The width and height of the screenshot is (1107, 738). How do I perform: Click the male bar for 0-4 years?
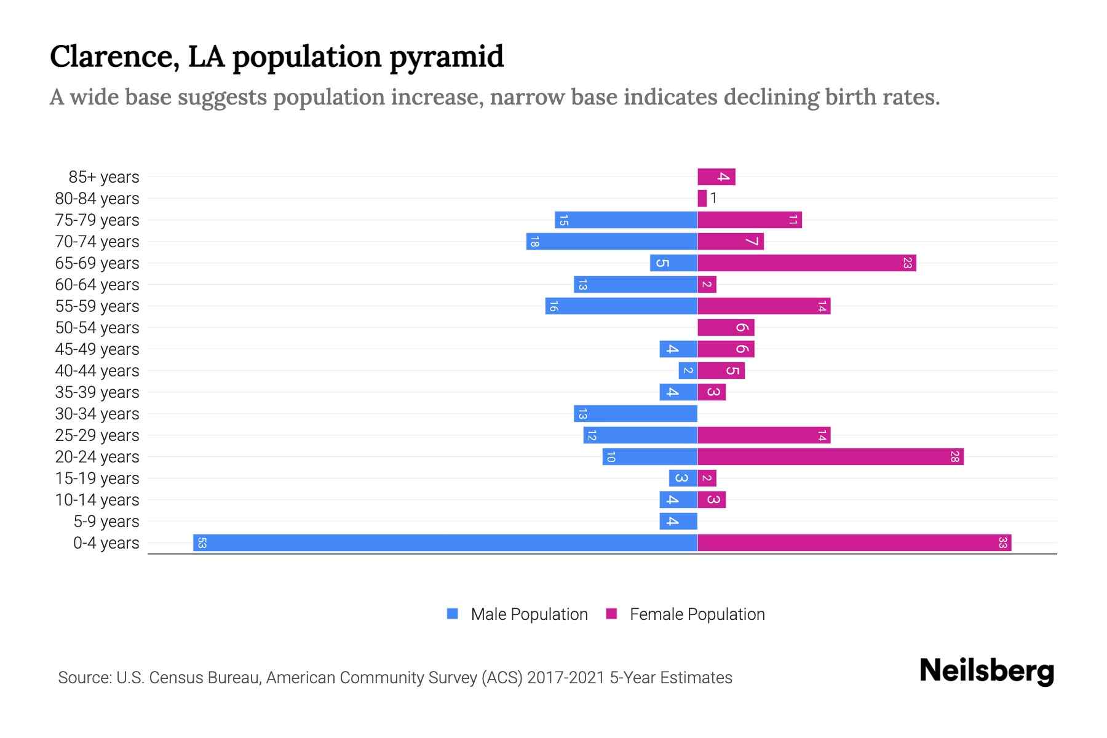(x=445, y=542)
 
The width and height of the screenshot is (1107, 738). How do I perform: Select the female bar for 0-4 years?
(x=854, y=542)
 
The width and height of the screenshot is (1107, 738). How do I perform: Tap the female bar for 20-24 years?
(x=830, y=456)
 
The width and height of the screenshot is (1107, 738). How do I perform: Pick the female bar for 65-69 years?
(x=806, y=263)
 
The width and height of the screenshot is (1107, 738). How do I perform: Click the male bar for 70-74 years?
(x=612, y=241)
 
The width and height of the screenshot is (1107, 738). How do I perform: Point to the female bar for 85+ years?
(x=716, y=177)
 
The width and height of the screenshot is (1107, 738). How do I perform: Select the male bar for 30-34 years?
(x=635, y=413)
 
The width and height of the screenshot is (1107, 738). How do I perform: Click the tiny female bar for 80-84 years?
(x=702, y=198)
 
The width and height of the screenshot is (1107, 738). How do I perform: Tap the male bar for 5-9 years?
(x=678, y=521)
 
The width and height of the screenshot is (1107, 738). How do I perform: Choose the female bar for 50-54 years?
(x=726, y=327)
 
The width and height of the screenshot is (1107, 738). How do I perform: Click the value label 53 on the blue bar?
(x=202, y=542)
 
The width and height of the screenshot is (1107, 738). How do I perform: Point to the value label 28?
(x=954, y=456)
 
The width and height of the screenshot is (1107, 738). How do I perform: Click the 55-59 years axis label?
(x=97, y=306)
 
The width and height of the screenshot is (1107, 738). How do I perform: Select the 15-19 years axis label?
(x=97, y=478)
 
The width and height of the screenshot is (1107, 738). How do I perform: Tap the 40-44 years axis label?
(x=97, y=371)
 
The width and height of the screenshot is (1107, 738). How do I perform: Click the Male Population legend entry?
(x=528, y=614)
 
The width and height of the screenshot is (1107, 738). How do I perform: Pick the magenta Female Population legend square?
(x=611, y=614)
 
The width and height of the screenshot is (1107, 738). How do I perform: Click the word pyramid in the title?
(x=446, y=57)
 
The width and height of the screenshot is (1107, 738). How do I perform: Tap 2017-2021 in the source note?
(x=566, y=678)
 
